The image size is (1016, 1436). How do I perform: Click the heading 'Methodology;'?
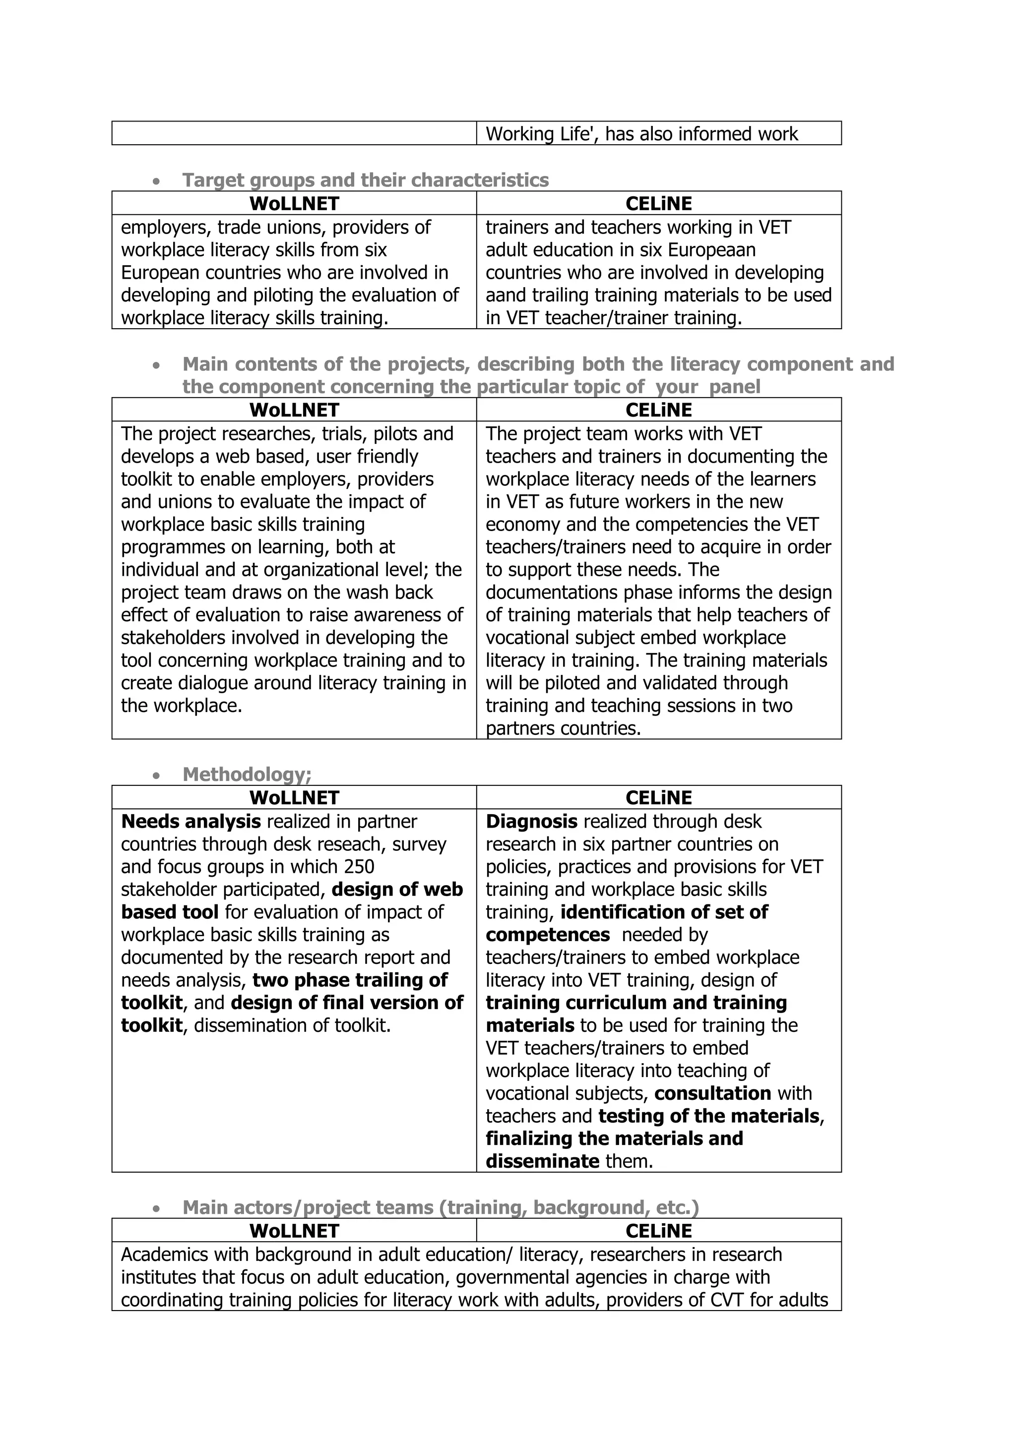247,775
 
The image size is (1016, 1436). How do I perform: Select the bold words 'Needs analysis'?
191,821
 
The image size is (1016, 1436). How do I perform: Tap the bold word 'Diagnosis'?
531,821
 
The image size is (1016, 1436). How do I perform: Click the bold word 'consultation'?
712,1093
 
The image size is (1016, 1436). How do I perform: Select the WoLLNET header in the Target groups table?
294,204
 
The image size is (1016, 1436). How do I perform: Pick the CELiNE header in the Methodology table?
659,798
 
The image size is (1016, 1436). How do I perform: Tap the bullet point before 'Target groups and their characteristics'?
156,181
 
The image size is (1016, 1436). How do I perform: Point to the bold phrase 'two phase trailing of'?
350,980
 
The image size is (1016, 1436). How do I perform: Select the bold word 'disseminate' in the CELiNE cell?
542,1161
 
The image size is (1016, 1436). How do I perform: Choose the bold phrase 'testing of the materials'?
709,1116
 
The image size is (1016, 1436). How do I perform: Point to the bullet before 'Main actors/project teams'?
156,1209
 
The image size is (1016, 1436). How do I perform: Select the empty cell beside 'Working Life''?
294,133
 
